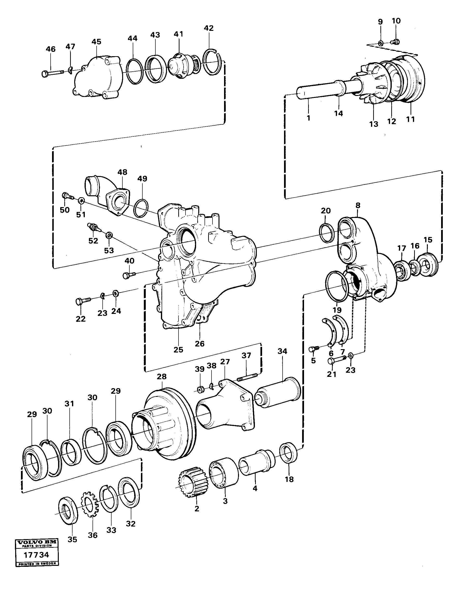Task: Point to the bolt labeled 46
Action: click(53, 73)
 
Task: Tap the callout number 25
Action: click(179, 350)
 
